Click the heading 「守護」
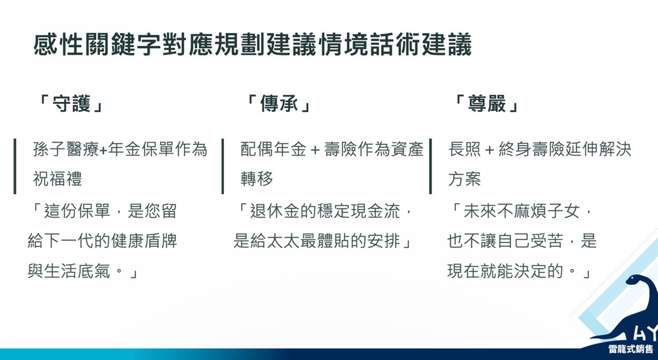(x=71, y=104)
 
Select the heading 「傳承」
(x=278, y=104)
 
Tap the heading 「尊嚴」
(x=486, y=104)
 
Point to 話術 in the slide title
(x=396, y=45)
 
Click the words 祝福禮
(x=58, y=178)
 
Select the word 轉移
(x=257, y=178)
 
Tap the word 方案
(x=465, y=178)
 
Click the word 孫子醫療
(x=66, y=149)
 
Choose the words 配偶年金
(x=274, y=149)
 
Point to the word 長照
(x=465, y=149)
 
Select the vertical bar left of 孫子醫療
(x=15, y=167)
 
